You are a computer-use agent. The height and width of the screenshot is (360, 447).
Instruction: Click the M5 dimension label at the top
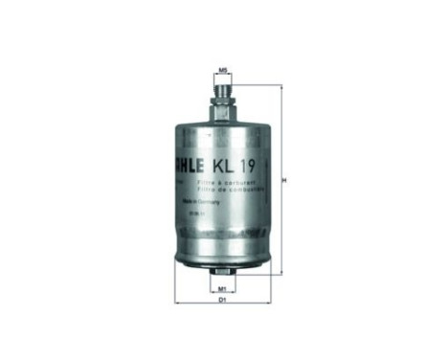pos(222,70)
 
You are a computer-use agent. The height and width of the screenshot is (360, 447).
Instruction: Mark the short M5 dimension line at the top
pos(222,77)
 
